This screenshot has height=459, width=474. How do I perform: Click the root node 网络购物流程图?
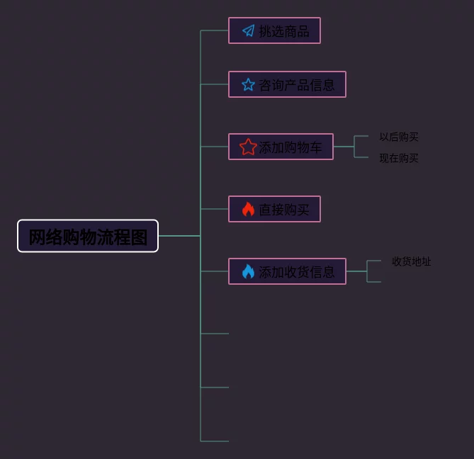pyautogui.click(x=88, y=236)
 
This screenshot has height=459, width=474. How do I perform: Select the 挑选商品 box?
pyautogui.click(x=274, y=30)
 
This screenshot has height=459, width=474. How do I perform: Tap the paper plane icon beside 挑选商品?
pyautogui.click(x=248, y=30)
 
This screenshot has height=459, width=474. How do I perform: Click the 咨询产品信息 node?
pyautogui.click(x=287, y=84)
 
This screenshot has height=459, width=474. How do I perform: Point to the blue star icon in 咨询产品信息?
pyautogui.click(x=248, y=84)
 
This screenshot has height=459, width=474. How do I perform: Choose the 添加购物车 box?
pyautogui.click(x=281, y=147)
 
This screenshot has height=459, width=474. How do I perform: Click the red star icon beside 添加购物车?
pyautogui.click(x=248, y=147)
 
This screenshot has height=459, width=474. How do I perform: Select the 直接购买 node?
pyautogui.click(x=274, y=209)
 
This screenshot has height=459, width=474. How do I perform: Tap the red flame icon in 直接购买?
pyautogui.click(x=248, y=209)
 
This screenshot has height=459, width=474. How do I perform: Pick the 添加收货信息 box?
pyautogui.click(x=287, y=271)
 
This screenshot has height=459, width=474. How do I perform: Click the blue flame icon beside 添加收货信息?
pyautogui.click(x=248, y=271)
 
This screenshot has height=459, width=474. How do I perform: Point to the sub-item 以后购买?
pyautogui.click(x=399, y=137)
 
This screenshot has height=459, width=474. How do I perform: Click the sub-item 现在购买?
pyautogui.click(x=399, y=158)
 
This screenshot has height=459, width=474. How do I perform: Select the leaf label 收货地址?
pyautogui.click(x=412, y=261)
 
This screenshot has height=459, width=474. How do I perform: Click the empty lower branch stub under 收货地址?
pyautogui.click(x=375, y=282)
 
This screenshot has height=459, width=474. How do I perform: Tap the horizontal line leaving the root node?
pyautogui.click(x=179, y=236)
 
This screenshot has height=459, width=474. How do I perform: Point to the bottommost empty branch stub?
pyautogui.click(x=215, y=441)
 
